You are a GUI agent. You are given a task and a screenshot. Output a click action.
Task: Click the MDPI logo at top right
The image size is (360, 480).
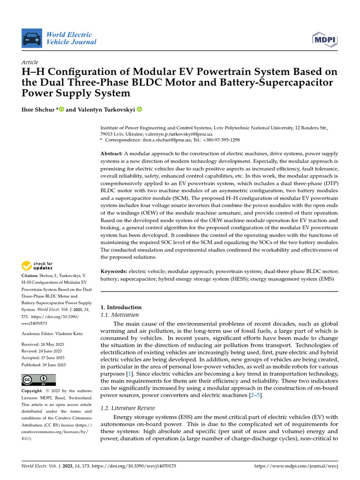323,38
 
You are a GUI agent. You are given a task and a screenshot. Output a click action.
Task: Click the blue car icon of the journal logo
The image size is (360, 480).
31,38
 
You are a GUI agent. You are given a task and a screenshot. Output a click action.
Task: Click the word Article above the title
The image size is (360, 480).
30,62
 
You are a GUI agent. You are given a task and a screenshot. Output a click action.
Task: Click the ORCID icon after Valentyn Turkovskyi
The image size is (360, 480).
139,109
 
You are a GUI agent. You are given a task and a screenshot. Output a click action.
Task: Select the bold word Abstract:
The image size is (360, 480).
112,154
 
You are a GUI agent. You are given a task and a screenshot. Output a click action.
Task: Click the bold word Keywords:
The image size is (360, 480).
114,271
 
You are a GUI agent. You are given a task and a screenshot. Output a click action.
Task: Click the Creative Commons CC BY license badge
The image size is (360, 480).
38,379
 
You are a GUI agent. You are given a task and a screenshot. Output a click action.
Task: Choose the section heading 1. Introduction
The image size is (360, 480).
121,307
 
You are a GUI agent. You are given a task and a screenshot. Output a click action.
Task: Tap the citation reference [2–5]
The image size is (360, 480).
255,396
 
